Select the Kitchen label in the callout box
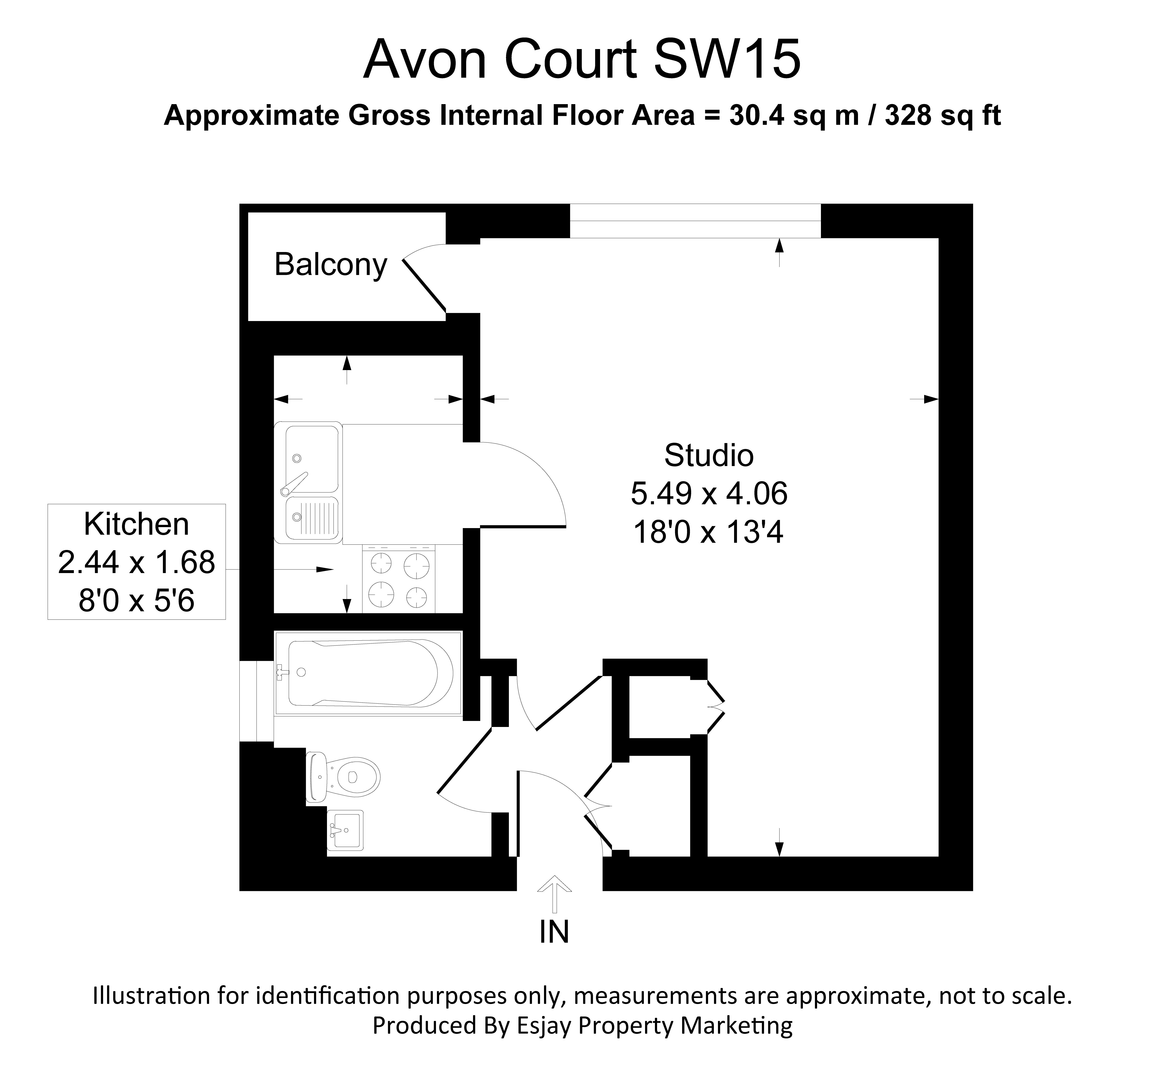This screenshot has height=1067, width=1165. tap(136, 524)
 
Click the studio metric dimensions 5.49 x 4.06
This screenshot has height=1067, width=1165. tap(709, 494)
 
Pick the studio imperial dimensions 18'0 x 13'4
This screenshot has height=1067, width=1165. tap(709, 532)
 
